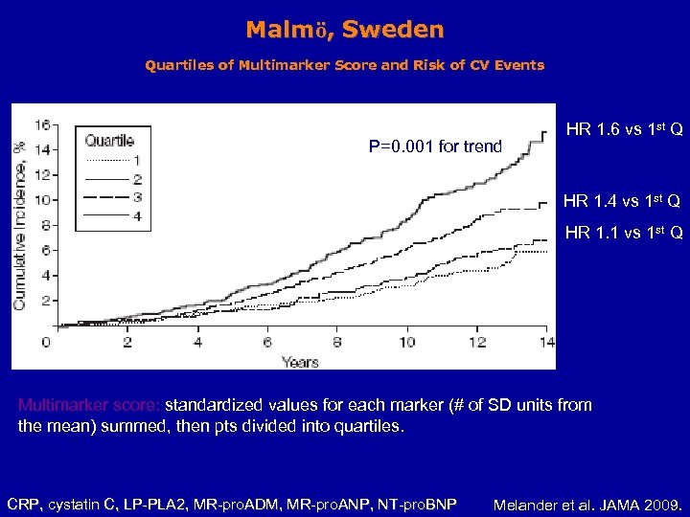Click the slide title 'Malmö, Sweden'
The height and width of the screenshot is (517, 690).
coord(344,30)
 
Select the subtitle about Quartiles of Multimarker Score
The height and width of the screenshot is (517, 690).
coord(344,66)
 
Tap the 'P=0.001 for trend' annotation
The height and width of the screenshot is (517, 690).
coord(435,146)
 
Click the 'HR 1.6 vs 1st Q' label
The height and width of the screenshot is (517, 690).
coord(624,128)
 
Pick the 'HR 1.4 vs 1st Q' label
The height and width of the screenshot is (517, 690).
coord(622,201)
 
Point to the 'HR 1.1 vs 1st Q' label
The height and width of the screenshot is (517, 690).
coord(623,233)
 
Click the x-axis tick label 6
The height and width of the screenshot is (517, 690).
coord(267,342)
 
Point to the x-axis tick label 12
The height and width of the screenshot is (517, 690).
coord(476,342)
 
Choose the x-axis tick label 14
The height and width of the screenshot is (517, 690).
coord(545,342)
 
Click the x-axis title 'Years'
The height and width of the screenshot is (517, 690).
coord(300,362)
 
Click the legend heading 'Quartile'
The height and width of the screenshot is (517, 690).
coord(110,142)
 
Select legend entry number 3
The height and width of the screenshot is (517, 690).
coord(137,197)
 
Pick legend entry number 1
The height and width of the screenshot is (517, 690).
coord(137,160)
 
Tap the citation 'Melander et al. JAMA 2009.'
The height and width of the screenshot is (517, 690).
coord(586,504)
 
